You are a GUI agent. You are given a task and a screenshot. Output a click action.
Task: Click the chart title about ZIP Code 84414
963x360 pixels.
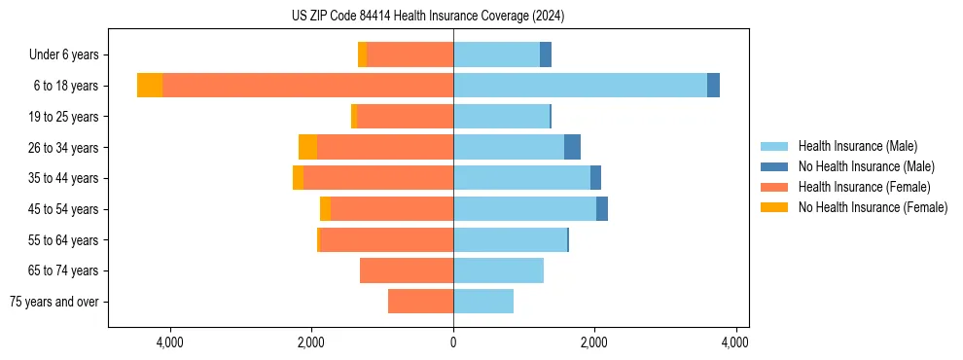pyautogui.click(x=427, y=16)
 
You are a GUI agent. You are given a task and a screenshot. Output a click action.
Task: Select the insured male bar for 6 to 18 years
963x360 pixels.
pyautogui.click(x=580, y=86)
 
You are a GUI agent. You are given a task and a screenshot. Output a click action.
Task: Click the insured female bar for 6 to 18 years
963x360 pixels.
pyautogui.click(x=307, y=86)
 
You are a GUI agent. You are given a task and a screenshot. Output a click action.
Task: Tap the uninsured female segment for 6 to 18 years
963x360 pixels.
pyautogui.click(x=150, y=86)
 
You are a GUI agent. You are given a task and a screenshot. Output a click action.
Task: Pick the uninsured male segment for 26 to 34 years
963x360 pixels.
pyautogui.click(x=572, y=147)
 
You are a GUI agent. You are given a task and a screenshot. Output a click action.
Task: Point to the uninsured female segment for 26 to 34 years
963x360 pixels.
pyautogui.click(x=307, y=147)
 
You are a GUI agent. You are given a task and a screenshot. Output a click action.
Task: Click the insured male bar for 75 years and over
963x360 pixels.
pyautogui.click(x=483, y=302)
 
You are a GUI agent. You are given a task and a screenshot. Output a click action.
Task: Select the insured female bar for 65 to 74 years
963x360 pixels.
pyautogui.click(x=407, y=270)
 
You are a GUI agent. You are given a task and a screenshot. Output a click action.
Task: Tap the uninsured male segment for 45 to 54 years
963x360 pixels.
pyautogui.click(x=602, y=209)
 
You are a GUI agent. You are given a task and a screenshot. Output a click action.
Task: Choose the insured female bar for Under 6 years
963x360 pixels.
pyautogui.click(x=410, y=54)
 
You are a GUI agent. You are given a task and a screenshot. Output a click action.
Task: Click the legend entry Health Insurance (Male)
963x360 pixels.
pyautogui.click(x=857, y=146)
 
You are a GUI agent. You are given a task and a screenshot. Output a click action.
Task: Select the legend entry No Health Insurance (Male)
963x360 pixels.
pyautogui.click(x=866, y=166)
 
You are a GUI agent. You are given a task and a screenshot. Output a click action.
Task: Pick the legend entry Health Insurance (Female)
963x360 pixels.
pyautogui.click(x=864, y=187)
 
